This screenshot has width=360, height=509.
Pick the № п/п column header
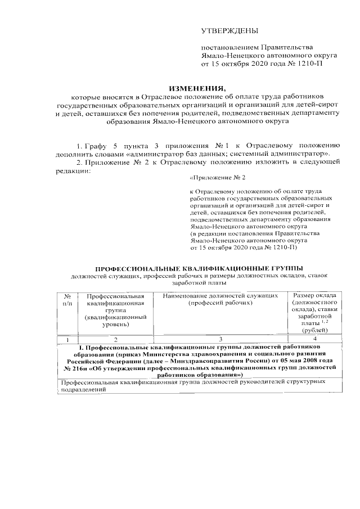[x=67, y=300]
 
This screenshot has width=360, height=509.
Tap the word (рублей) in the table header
[x=313, y=331]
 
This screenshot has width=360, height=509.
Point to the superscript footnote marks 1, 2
[x=325, y=322]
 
